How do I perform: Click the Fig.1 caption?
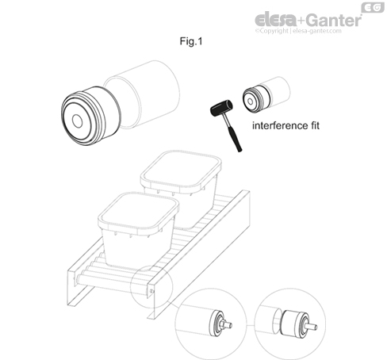click(191, 41)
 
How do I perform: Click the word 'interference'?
click(280, 125)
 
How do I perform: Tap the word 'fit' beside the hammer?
click(315, 125)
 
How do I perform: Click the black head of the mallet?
click(221, 108)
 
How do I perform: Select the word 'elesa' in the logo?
click(275, 20)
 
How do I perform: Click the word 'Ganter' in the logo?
click(334, 20)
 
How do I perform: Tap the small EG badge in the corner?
click(373, 8)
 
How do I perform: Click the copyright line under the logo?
click(298, 31)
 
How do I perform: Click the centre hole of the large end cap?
click(77, 121)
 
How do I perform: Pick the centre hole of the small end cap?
click(250, 101)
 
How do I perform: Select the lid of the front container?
click(139, 211)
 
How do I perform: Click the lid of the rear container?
click(181, 170)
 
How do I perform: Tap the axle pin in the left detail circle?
click(227, 324)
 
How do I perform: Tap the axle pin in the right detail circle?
click(311, 326)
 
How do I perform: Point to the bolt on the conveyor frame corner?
click(151, 291)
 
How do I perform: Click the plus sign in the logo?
click(301, 21)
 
